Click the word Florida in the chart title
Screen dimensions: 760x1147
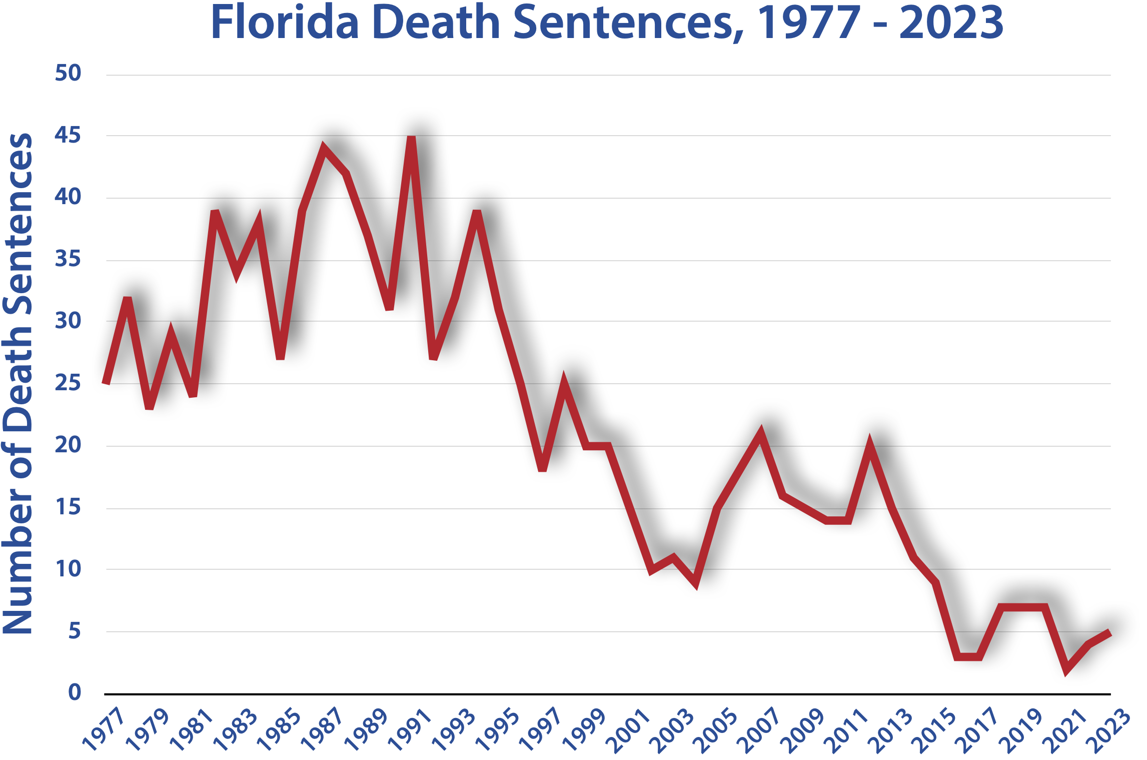[x=285, y=23]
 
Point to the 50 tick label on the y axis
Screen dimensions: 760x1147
[x=68, y=73]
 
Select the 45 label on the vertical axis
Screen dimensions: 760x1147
[x=68, y=135]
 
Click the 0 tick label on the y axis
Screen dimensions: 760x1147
[x=75, y=692]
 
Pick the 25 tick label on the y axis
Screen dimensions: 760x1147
[x=68, y=383]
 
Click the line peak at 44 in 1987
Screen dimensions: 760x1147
[x=324, y=149]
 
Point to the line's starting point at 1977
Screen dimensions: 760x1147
[x=106, y=383]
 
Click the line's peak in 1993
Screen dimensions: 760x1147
[x=477, y=212]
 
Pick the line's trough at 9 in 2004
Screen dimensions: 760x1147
[x=695, y=583]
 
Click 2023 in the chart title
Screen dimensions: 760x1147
[x=951, y=23]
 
